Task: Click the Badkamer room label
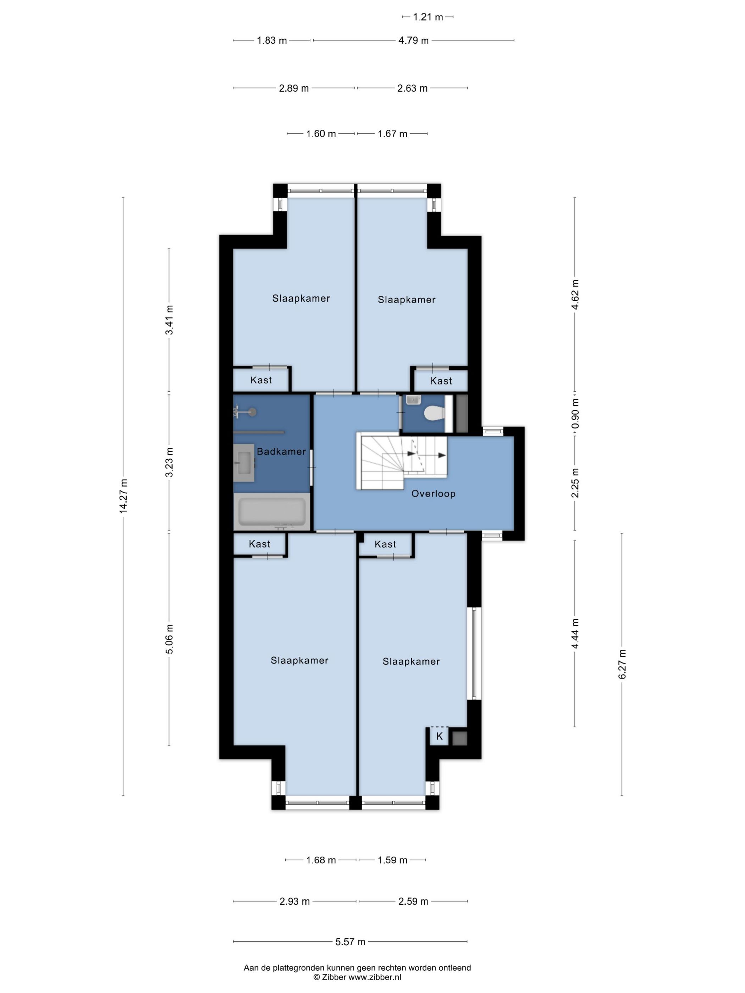[x=281, y=451]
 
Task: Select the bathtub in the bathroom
[x=272, y=512]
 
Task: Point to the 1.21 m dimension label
[x=428, y=17]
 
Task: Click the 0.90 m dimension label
[x=575, y=414]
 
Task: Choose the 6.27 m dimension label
[x=622, y=664]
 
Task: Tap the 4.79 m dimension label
[x=414, y=40]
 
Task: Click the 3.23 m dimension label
[x=169, y=462]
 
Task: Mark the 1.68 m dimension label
[x=321, y=860]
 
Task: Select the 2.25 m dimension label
[x=575, y=483]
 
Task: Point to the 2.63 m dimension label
[x=412, y=88]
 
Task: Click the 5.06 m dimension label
[x=169, y=639]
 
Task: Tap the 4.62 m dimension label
[x=575, y=294]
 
